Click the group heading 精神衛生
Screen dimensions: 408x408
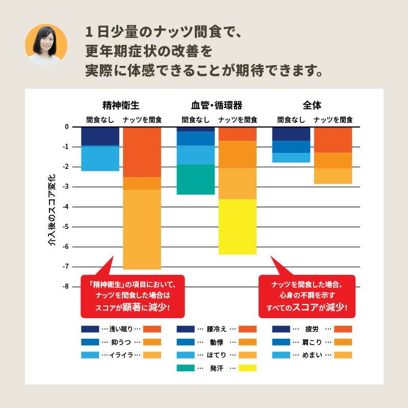point(121,106)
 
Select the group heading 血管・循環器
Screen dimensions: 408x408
point(216,106)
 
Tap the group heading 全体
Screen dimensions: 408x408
point(312,106)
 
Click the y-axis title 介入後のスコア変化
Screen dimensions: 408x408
point(52,212)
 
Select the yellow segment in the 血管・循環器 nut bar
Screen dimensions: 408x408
point(238,226)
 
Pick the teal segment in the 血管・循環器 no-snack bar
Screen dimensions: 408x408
point(196,179)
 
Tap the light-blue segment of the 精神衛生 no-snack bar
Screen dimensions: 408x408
point(100,159)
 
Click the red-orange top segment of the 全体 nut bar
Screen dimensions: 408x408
point(333,140)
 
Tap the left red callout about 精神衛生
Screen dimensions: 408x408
point(132,296)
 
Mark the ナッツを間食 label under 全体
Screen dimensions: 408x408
point(333,120)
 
